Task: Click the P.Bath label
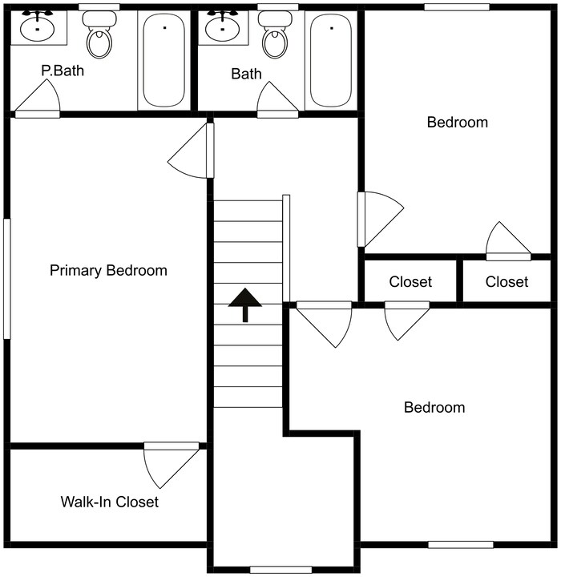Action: point(63,71)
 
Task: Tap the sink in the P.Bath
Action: point(37,28)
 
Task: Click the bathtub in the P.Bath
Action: point(163,60)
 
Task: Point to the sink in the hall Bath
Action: point(222,28)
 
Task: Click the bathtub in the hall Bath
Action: point(330,60)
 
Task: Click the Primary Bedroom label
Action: point(108,270)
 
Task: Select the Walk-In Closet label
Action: point(109,502)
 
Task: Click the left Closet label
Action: point(410,282)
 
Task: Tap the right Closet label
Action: point(507,282)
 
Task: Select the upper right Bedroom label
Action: point(457,123)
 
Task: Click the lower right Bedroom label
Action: point(434,407)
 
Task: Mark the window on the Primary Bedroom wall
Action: point(7,278)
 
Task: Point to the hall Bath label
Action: point(246,75)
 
